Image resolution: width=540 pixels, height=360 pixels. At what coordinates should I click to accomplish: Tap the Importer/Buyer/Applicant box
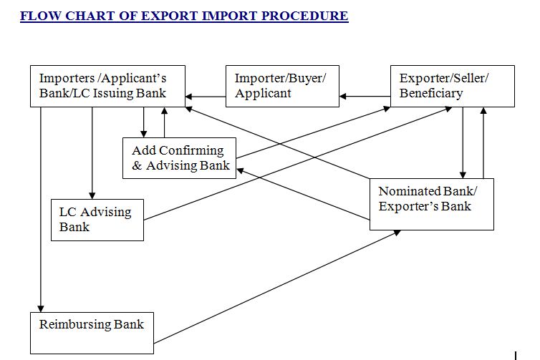282,86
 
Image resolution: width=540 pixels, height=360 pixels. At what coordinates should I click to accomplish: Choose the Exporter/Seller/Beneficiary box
452,86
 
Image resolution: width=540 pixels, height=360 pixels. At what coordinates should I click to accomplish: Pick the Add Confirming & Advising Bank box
179,157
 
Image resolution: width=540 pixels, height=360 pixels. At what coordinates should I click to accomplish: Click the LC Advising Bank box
97,219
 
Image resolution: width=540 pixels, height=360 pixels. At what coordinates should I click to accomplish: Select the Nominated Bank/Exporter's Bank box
431,204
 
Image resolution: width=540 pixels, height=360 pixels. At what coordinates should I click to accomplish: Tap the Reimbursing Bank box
92,332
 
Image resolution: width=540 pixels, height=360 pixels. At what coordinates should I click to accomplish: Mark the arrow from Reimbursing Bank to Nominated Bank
279,286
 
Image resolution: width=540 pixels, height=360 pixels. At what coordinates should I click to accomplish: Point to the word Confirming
191,150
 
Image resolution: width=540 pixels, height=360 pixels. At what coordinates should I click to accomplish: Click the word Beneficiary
431,93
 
